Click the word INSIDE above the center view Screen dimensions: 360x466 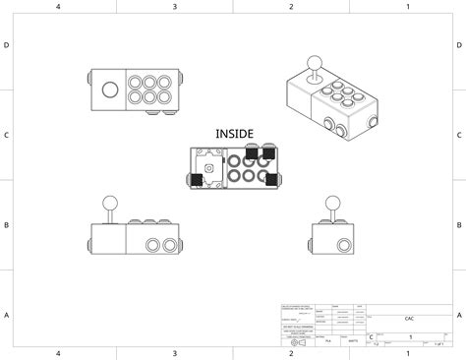[x=234, y=133]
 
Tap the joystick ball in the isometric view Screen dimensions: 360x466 [x=316, y=66]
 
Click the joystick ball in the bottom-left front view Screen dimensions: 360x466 [x=111, y=203]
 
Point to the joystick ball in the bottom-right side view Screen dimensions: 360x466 [x=334, y=203]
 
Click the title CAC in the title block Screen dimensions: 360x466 [x=408, y=319]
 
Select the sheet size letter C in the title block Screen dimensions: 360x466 [x=371, y=337]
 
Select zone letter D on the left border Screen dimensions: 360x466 [x=7, y=46]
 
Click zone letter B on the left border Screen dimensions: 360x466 [x=7, y=225]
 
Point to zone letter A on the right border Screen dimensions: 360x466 [x=459, y=315]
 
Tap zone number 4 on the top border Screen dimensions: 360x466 [x=58, y=7]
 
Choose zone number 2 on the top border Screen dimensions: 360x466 [x=291, y=7]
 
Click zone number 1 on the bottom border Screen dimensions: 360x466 [x=408, y=353]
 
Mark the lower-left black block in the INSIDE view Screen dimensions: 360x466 [x=197, y=180]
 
